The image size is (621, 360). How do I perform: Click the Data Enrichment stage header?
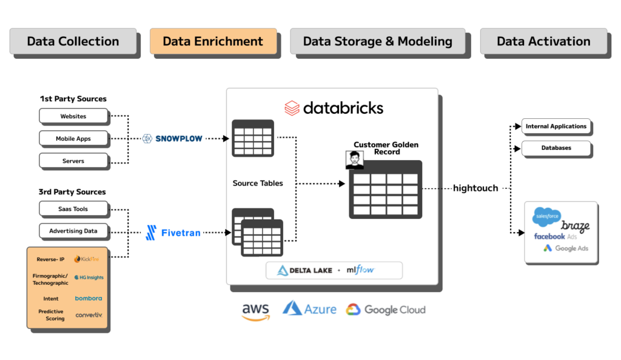tap(213, 42)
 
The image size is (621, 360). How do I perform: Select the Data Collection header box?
tap(73, 42)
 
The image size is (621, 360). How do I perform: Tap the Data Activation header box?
tap(543, 42)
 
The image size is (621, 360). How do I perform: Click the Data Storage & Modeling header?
tap(377, 42)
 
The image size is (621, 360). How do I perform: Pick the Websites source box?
tap(73, 116)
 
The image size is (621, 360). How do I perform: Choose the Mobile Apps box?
tap(73, 138)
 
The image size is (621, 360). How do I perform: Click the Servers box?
tap(73, 161)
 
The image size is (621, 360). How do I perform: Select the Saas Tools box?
tap(73, 208)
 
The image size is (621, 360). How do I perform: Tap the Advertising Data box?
tap(73, 231)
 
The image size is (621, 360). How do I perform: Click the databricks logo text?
tap(334, 108)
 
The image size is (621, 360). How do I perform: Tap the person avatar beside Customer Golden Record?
tap(355, 160)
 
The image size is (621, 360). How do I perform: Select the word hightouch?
tap(475, 188)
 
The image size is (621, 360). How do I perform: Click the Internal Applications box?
tap(556, 127)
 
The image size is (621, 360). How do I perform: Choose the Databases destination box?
tap(556, 148)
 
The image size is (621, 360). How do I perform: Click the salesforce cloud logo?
tap(546, 216)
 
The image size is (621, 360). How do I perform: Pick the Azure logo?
tap(309, 309)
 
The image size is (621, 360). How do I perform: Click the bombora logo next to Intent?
tap(89, 298)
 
